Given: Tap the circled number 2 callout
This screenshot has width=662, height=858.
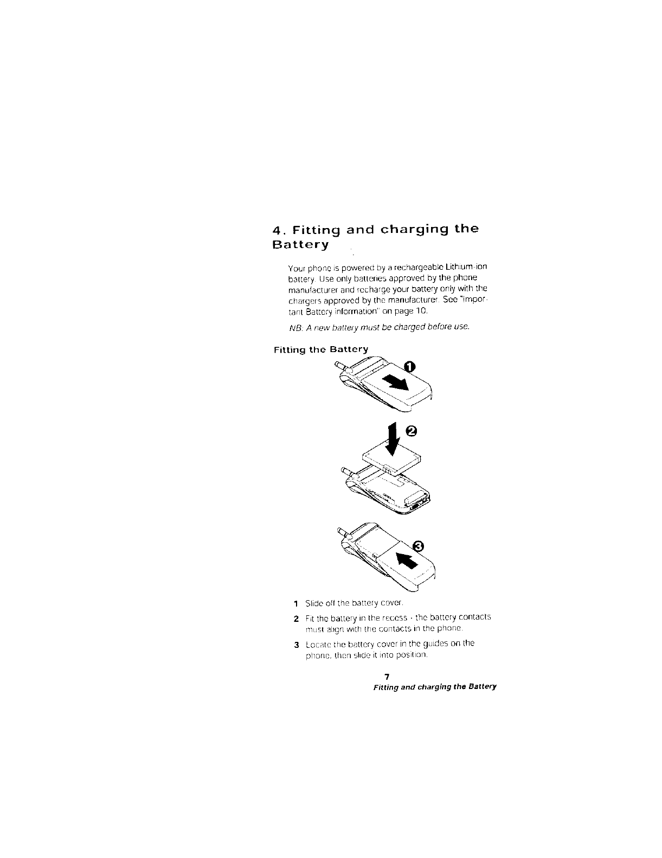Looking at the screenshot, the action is [x=412, y=431].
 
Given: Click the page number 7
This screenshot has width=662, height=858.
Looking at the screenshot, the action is [x=387, y=678].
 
